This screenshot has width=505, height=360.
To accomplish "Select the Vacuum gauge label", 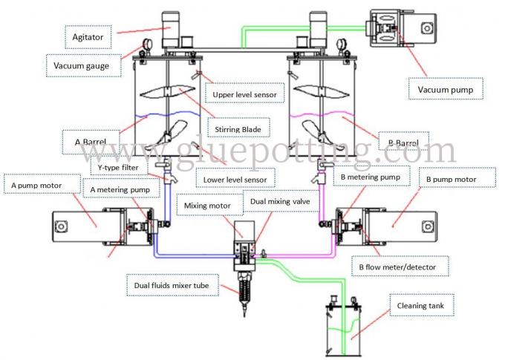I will click(x=81, y=65).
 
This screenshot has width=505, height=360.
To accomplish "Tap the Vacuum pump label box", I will click(x=446, y=90).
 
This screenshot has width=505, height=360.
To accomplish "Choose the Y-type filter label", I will click(x=112, y=167).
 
